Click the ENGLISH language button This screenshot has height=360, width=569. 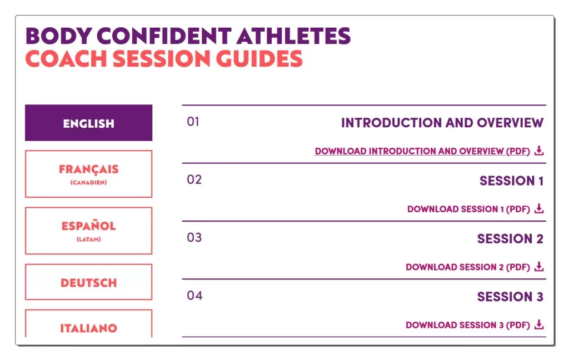(88, 123)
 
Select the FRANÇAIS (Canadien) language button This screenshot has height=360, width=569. (88, 174)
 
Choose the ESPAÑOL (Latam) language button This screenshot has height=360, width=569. (88, 231)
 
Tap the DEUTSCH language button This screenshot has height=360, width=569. (88, 282)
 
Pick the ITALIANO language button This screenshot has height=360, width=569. (88, 324)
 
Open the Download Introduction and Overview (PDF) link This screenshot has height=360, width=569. (422, 151)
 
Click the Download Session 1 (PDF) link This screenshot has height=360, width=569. (468, 209)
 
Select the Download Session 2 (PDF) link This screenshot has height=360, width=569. (468, 267)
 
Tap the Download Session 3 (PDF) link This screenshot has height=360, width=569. (468, 325)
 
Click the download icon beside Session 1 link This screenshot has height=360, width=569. (539, 208)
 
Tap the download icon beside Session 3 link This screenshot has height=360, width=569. (539, 324)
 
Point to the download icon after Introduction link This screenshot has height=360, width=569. (539, 150)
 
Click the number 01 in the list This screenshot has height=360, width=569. (193, 122)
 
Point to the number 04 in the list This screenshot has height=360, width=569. (194, 296)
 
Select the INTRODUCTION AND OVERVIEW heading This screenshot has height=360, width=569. (442, 123)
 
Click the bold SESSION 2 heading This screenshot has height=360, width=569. (510, 239)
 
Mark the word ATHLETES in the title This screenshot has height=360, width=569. (293, 36)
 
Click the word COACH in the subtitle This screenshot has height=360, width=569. (66, 58)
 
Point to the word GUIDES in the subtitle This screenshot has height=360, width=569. (259, 58)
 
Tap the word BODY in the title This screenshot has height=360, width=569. (58, 36)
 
